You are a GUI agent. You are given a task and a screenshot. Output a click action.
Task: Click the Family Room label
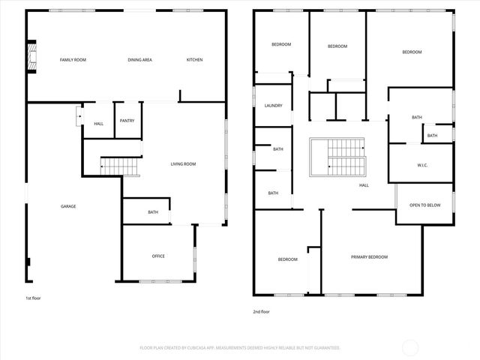pos(73,60)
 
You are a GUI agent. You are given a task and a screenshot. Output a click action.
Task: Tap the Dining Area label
pos(140,60)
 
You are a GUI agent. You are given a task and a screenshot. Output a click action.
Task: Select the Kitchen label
pos(194,60)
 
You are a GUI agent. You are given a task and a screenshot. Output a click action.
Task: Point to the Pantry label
pos(127,121)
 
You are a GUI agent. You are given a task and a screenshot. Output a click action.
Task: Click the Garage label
pos(68,206)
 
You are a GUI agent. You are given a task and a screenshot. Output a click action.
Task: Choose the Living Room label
pos(183,163)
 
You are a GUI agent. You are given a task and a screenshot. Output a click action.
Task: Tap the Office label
pos(158,256)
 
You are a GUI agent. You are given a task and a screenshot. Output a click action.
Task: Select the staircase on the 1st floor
pos(121,166)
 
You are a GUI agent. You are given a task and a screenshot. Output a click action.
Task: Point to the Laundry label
pos(273,106)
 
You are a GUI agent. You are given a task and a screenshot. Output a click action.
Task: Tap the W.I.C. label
pos(422,165)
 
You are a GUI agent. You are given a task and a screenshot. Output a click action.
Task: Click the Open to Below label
pos(424,205)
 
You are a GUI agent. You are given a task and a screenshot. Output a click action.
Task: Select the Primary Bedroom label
pos(369,257)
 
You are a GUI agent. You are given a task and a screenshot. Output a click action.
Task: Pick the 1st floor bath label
pos(153,212)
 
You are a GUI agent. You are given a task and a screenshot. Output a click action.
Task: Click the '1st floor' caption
pos(34,298)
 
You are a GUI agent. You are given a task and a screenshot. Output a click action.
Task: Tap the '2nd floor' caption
pos(261,312)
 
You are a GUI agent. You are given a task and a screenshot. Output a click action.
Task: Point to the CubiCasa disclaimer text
pos(240,348)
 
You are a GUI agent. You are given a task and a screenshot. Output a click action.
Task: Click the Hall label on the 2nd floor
pos(364,185)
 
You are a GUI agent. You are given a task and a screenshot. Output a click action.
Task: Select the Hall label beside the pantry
pos(99,124)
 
